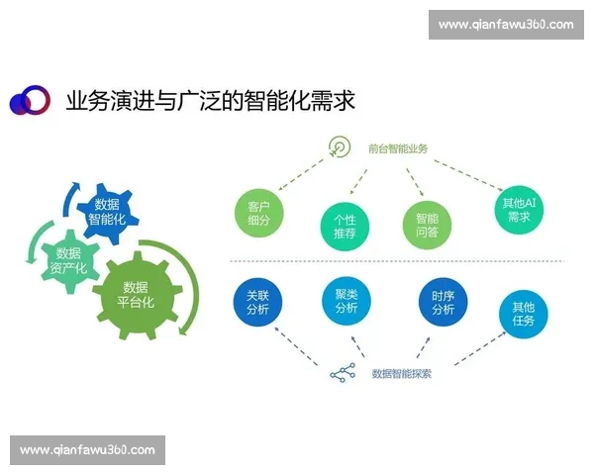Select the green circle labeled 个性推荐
345,226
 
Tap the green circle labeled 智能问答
427,225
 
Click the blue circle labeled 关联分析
257,301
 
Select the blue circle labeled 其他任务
523,313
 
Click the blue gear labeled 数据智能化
106,212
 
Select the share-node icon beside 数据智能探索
342,374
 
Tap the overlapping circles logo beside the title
29,100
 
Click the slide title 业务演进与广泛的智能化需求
209,100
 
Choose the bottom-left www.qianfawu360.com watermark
87,450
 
